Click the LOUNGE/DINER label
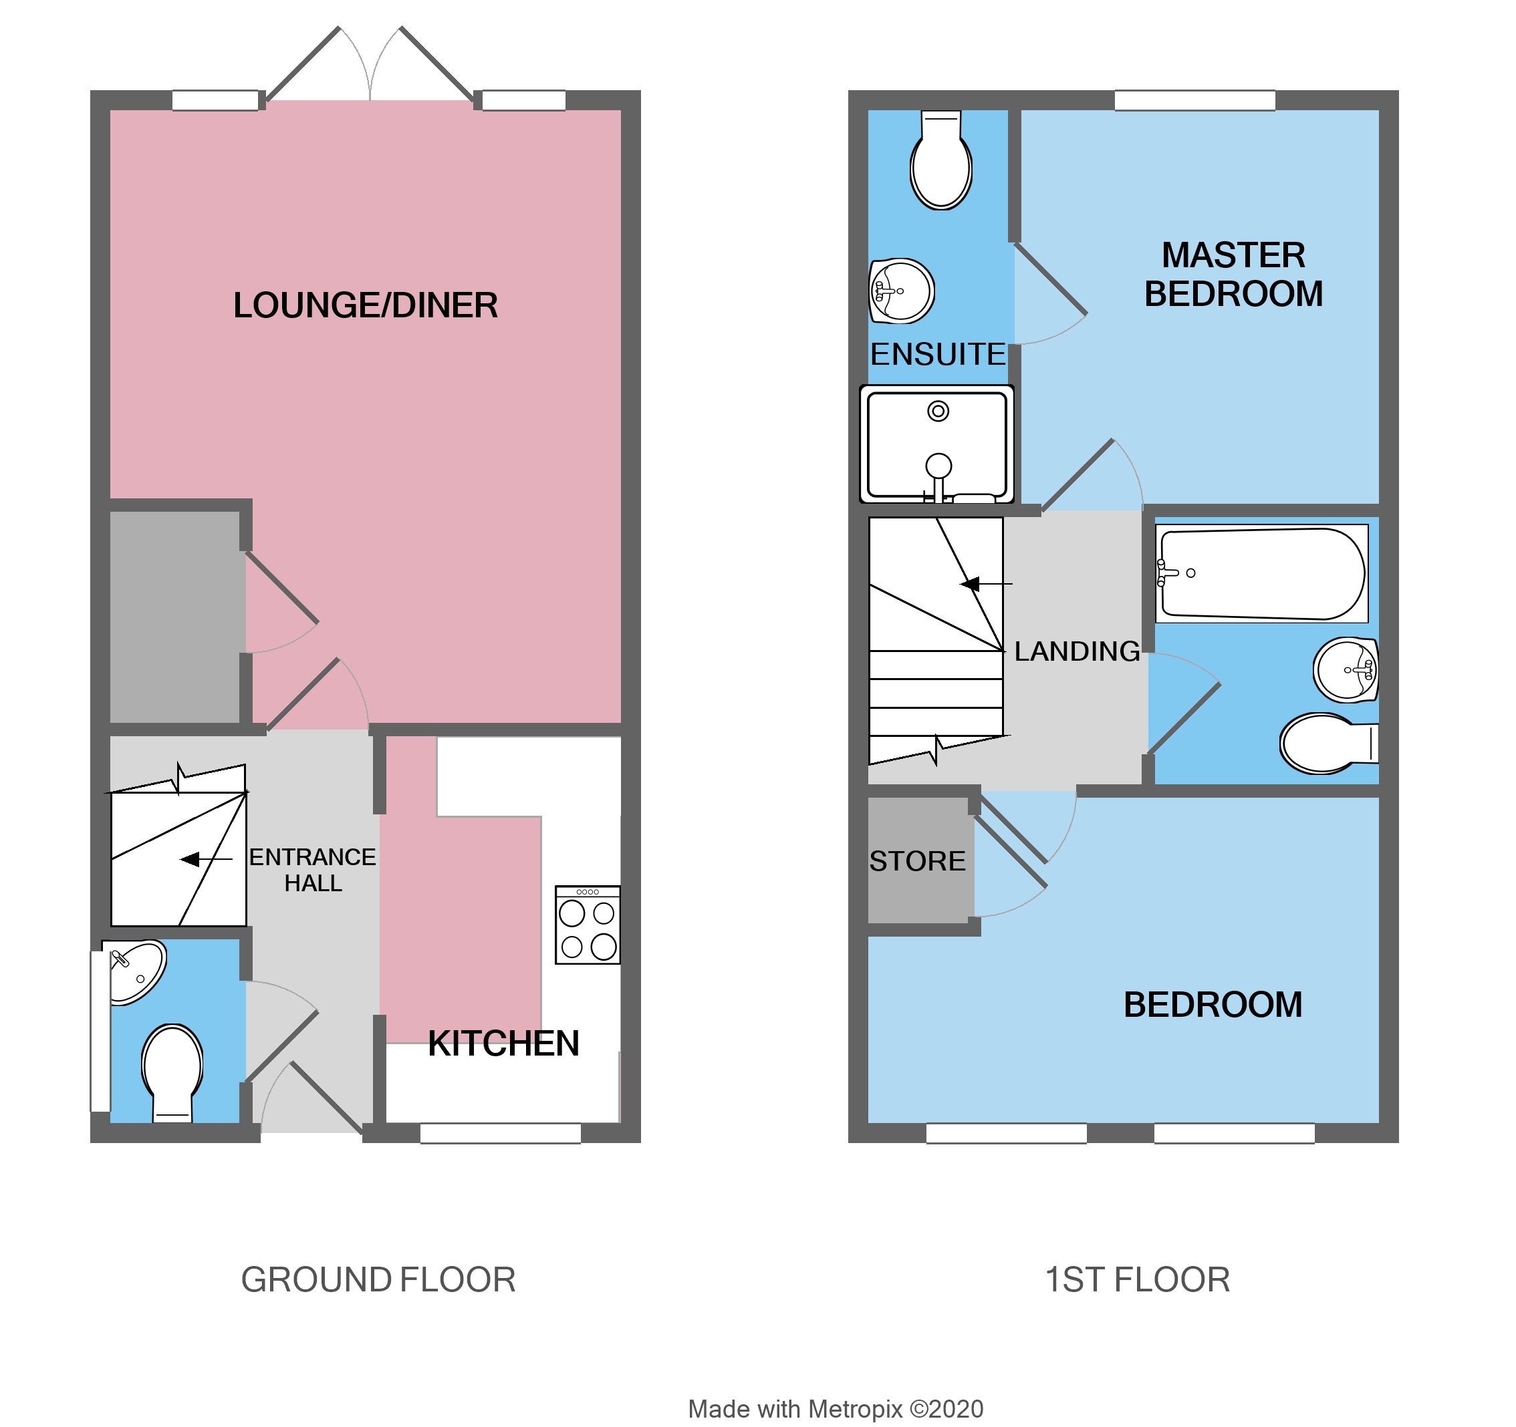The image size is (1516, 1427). coord(365,306)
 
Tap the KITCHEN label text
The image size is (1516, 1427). coord(503,1044)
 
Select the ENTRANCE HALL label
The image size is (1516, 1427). coord(313,870)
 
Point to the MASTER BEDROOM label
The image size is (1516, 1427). coord(1233,275)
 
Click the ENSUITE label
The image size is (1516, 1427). coord(937,355)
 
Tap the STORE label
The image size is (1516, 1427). coord(917,861)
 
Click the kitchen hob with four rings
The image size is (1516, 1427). coord(587,925)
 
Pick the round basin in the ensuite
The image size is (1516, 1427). coord(902,291)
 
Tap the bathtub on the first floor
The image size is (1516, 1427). coord(1262,573)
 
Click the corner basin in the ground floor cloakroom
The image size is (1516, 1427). coord(134,971)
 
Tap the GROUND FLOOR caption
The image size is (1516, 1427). coord(378,1280)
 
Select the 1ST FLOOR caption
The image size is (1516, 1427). coord(1137,1280)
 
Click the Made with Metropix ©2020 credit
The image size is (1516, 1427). coord(835,1410)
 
